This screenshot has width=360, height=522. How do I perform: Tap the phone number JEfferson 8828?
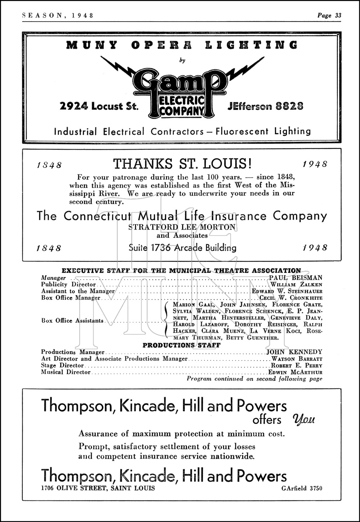(x=265, y=106)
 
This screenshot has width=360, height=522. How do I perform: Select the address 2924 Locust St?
(x=99, y=106)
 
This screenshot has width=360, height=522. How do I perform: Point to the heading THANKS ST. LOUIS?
(x=182, y=164)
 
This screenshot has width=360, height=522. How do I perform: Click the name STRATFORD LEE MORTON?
(x=182, y=227)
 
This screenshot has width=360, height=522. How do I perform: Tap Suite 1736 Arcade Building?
(x=182, y=248)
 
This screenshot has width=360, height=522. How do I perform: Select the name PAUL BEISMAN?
(x=296, y=278)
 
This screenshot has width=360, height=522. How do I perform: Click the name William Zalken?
(x=296, y=285)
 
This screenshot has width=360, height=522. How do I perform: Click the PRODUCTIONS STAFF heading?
(x=181, y=345)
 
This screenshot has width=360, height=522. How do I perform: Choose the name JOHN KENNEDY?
(x=294, y=352)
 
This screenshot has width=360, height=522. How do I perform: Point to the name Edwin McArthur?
(x=295, y=372)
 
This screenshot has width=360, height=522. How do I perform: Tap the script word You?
(x=304, y=419)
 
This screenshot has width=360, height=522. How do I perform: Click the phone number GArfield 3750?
(x=302, y=488)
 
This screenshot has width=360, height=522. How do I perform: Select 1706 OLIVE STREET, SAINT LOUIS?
(x=98, y=488)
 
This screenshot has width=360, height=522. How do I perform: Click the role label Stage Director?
(x=62, y=366)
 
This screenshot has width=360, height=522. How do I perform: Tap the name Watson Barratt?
(x=297, y=359)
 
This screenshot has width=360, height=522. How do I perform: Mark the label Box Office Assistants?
(x=72, y=321)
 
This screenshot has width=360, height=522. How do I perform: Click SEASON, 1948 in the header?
(x=58, y=15)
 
